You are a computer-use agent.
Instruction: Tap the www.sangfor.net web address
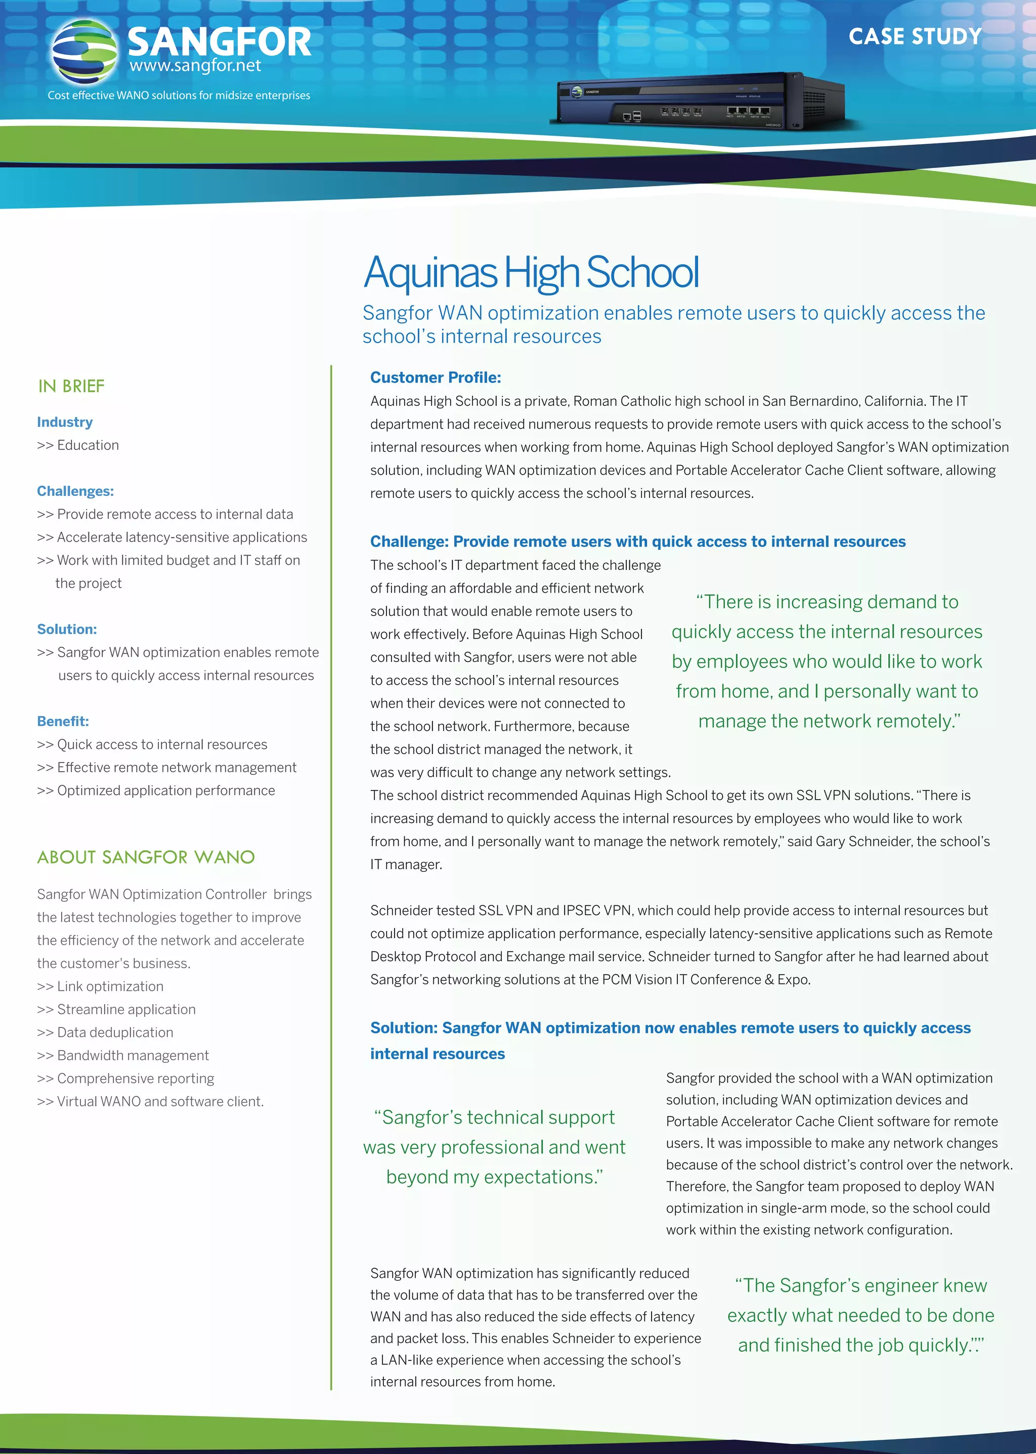(x=195, y=66)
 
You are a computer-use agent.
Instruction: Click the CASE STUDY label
(x=914, y=36)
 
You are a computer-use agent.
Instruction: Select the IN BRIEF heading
(x=71, y=386)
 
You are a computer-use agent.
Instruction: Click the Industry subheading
(x=64, y=422)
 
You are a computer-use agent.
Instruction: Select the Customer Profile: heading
(x=435, y=377)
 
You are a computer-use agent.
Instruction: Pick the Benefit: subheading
(x=63, y=721)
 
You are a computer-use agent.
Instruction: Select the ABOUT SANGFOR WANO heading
(x=146, y=857)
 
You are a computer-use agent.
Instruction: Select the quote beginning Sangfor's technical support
(x=494, y=1147)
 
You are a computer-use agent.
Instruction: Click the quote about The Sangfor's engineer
(x=860, y=1315)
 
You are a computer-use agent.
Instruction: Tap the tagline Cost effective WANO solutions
(x=179, y=95)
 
